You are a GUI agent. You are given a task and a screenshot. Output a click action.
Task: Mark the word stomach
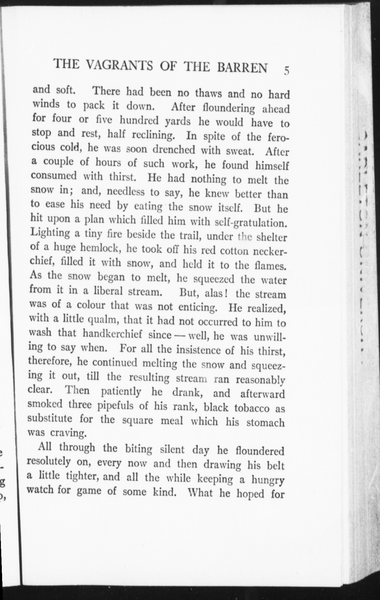[x=265, y=422]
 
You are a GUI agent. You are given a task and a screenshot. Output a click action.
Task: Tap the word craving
[x=68, y=433]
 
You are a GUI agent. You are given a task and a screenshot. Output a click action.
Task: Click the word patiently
[x=121, y=392]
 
